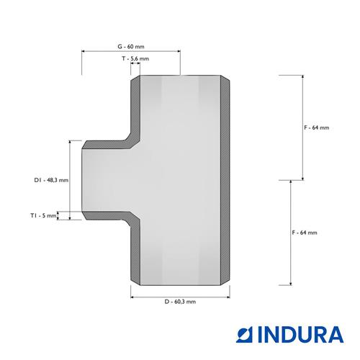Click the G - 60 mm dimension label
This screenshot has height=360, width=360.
[x=131, y=47]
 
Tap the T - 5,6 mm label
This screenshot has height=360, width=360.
[x=135, y=58]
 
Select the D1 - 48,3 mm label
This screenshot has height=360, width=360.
[x=51, y=180]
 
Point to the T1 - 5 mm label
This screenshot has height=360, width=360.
[x=43, y=215]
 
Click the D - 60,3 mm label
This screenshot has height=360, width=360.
[x=180, y=302]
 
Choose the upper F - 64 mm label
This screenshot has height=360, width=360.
[x=317, y=127]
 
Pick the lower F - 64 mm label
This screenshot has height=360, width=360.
[x=305, y=233]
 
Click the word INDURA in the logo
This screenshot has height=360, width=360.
[x=301, y=334]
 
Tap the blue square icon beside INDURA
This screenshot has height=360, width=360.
[x=244, y=334]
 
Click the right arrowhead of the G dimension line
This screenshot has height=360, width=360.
[x=179, y=51]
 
